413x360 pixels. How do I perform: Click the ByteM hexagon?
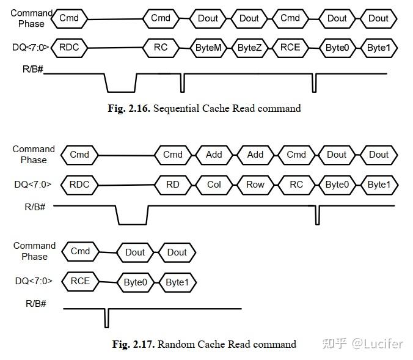[x=208, y=48]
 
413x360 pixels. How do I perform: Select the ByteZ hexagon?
[x=249, y=48]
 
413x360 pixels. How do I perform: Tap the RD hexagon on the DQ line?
[x=173, y=184]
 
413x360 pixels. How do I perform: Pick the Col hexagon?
[x=214, y=184]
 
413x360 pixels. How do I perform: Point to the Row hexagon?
[x=255, y=184]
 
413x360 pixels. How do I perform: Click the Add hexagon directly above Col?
[x=214, y=155]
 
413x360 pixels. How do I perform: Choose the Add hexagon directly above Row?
[x=255, y=155]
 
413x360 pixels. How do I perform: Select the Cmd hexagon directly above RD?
[x=173, y=155]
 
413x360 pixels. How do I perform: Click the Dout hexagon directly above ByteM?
[x=208, y=18]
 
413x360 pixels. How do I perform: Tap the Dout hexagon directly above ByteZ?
[x=249, y=18]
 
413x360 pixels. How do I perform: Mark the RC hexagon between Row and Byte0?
[x=296, y=184]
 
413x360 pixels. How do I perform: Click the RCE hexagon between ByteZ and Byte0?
[x=290, y=48]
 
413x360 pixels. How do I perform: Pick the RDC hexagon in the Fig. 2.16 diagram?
[x=69, y=47]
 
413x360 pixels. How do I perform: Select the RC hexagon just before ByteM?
[x=161, y=47]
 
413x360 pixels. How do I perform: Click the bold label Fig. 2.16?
[x=129, y=108]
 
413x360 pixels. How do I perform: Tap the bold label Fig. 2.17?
[x=133, y=344]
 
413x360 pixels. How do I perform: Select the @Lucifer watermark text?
[x=377, y=343]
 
